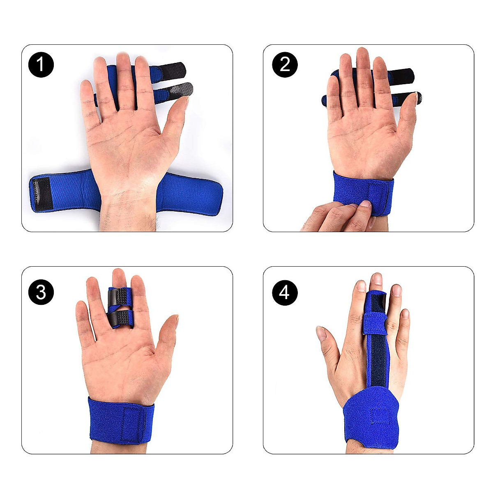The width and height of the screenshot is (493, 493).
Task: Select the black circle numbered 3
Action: (x=41, y=293)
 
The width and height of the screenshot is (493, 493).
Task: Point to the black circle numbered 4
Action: (x=285, y=293)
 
